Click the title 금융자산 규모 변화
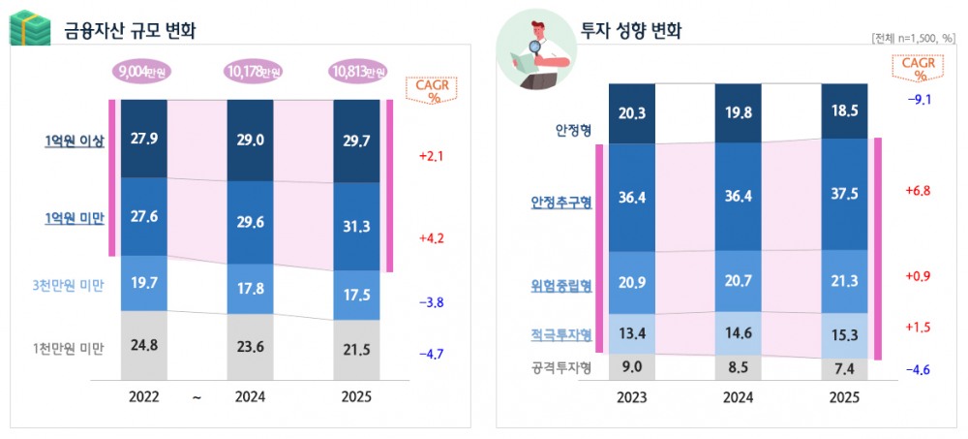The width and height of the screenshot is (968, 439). point(130,30)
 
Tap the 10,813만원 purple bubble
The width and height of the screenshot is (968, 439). point(356,72)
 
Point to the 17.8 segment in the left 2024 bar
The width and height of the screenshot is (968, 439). point(250,286)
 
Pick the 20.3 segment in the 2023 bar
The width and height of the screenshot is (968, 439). point(631,113)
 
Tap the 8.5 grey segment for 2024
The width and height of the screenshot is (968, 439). point(738,367)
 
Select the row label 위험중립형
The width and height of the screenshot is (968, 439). point(560,285)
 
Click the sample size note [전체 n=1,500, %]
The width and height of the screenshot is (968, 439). point(913,39)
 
